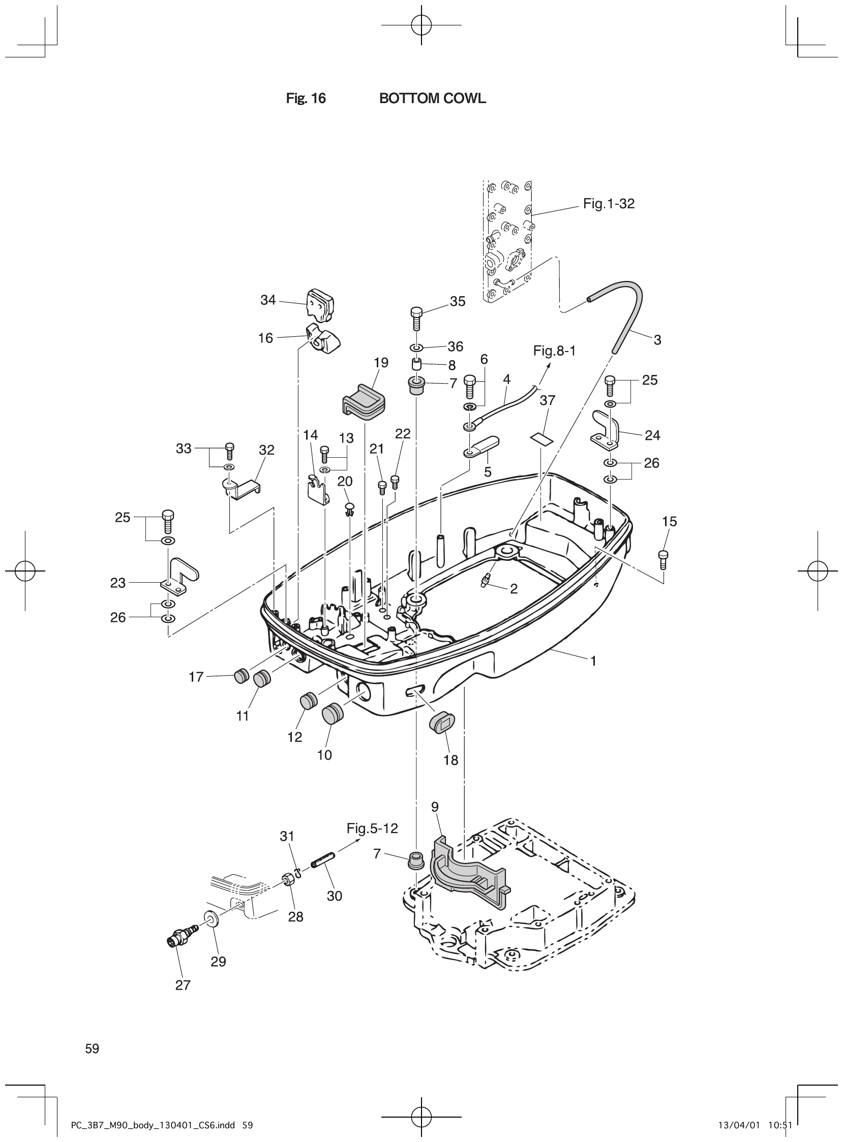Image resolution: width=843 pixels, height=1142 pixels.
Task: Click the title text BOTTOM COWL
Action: point(432,99)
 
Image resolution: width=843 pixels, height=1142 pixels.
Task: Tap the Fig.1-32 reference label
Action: point(609,204)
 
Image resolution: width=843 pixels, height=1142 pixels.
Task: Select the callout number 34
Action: point(268,300)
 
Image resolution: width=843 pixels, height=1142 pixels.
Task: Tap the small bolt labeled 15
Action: point(664,559)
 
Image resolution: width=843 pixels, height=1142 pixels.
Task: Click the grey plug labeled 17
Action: point(241,676)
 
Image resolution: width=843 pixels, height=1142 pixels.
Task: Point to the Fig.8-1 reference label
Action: point(554,351)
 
